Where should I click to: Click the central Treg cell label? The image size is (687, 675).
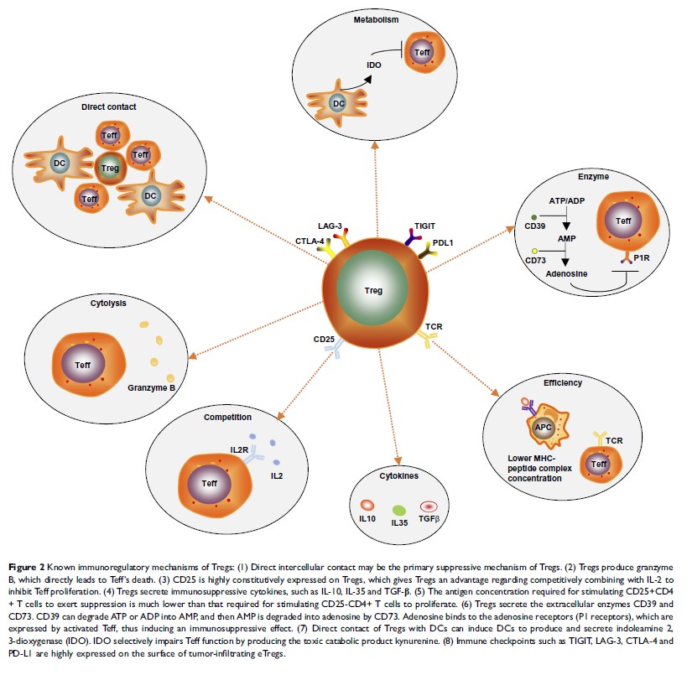(x=373, y=291)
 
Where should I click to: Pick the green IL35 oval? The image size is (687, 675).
(x=400, y=511)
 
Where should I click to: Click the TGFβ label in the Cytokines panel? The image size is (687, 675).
(x=429, y=520)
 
